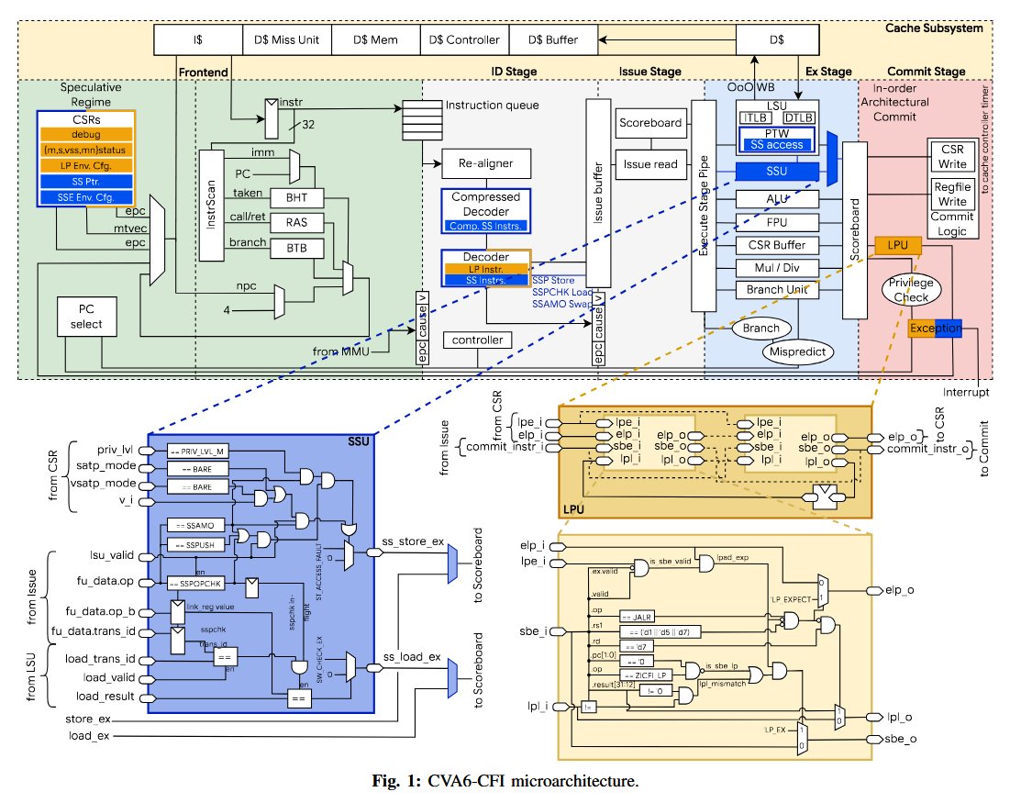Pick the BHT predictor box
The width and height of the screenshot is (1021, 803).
point(293,197)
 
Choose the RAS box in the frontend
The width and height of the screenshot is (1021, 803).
point(293,221)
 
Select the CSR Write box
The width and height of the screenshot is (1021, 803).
point(947,157)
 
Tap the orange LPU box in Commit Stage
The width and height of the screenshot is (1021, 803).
point(891,246)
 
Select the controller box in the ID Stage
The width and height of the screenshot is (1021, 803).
point(478,340)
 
